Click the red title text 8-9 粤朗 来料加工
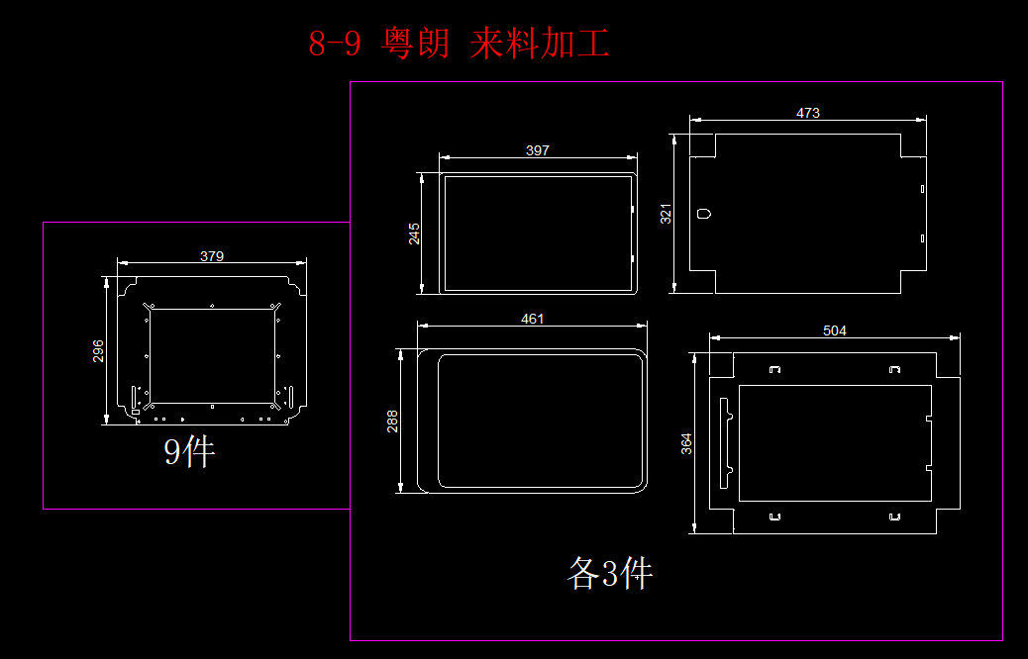tap(459, 44)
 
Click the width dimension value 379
tap(212, 256)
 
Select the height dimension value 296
tap(99, 351)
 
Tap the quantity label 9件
tap(189, 452)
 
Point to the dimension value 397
tap(537, 150)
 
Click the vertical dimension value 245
tap(415, 234)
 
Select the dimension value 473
tap(808, 114)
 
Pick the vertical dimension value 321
tap(667, 214)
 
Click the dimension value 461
tap(533, 319)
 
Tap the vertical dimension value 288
tap(392, 421)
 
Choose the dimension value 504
tap(835, 330)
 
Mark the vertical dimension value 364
tap(687, 444)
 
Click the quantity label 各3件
tap(610, 573)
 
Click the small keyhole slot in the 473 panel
tap(703, 213)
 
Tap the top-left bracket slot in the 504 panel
tap(775, 369)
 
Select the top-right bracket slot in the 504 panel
tap(894, 369)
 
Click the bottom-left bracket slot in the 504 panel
tap(775, 517)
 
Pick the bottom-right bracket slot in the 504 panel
tap(894, 517)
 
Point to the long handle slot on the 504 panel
tap(724, 442)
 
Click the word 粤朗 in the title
tap(415, 44)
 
